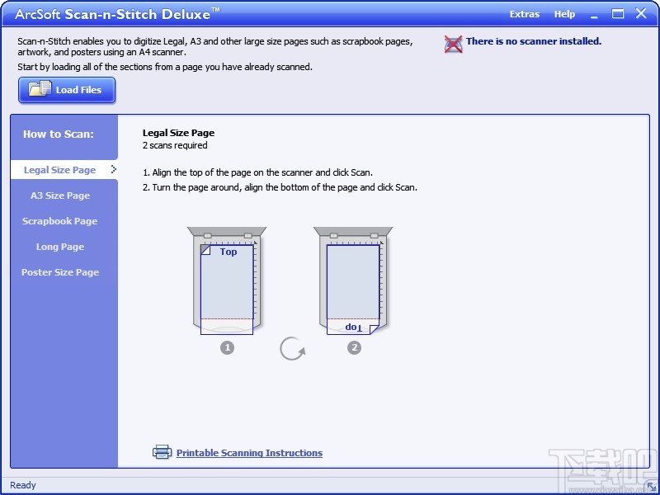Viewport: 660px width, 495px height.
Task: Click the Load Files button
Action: point(67,90)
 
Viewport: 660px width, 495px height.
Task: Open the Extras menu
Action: point(525,14)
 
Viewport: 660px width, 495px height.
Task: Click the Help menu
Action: point(564,14)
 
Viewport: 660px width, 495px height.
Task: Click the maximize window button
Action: point(617,14)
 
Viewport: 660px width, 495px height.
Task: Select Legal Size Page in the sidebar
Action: point(59,170)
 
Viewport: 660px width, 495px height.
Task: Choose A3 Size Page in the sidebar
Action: point(60,196)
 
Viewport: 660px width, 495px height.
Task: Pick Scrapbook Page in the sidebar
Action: point(59,221)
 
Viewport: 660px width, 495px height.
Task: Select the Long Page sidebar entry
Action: point(60,247)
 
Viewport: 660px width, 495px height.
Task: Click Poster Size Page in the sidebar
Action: point(60,272)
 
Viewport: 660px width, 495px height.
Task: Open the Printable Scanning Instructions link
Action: point(250,453)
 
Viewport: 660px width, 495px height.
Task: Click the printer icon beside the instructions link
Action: point(162,452)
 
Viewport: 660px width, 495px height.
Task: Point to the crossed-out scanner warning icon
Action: point(453,44)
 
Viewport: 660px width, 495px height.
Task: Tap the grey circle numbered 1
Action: point(228,347)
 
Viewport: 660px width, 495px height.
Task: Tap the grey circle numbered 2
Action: point(355,347)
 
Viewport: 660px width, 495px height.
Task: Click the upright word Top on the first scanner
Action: point(229,252)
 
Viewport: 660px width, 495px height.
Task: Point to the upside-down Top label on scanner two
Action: point(354,327)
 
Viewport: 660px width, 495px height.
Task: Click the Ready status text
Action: point(23,485)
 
